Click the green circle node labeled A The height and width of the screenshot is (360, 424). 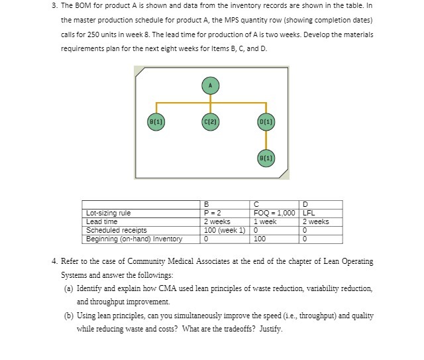[210, 86]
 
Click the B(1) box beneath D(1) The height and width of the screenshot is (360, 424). [266, 158]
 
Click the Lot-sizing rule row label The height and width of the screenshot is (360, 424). [109, 213]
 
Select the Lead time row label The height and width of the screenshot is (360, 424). [102, 221]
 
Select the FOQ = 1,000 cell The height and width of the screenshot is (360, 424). [274, 213]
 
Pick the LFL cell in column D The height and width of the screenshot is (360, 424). [309, 213]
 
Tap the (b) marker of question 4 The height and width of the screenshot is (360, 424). [68, 315]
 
